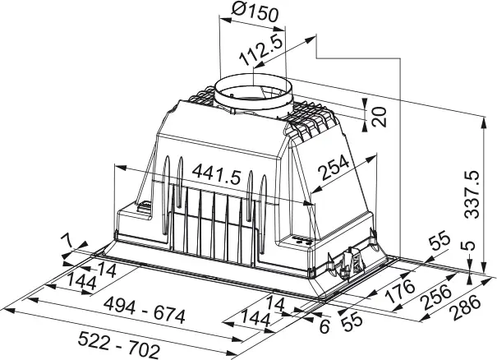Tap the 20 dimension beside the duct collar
coord(379,117)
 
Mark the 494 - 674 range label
coord(145,312)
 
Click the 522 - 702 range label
coord(119,344)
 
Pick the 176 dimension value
coord(400,290)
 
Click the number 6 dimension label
coord(324,326)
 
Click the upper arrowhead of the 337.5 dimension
coord(483,122)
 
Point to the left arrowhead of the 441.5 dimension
coord(121,167)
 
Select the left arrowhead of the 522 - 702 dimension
coord(9,310)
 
